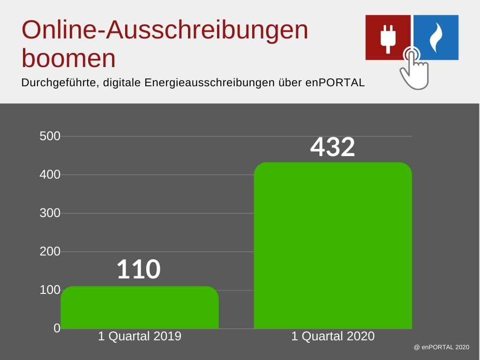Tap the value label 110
(x=139, y=270)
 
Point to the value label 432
(x=333, y=147)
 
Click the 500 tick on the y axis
(x=50, y=136)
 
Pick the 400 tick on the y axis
(x=50, y=175)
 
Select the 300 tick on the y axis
(x=50, y=213)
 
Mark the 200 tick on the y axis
(x=50, y=252)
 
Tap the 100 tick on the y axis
(x=50, y=290)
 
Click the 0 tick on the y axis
(x=57, y=329)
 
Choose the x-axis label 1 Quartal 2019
(x=140, y=336)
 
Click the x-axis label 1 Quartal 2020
(x=333, y=336)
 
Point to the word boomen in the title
(x=69, y=59)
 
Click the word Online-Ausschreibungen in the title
(x=165, y=30)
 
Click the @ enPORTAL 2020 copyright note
(x=441, y=347)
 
